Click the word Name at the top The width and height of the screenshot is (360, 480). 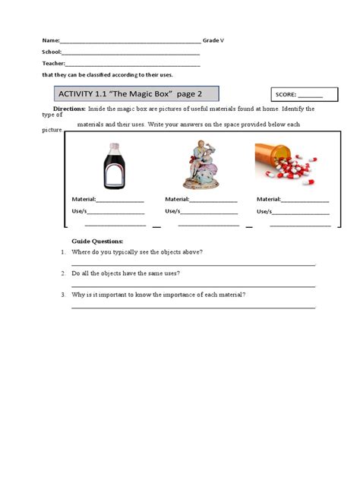[49, 40]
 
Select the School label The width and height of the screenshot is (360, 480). [51, 52]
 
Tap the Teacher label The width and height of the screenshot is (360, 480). [53, 65]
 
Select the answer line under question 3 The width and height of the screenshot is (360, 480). [194, 307]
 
